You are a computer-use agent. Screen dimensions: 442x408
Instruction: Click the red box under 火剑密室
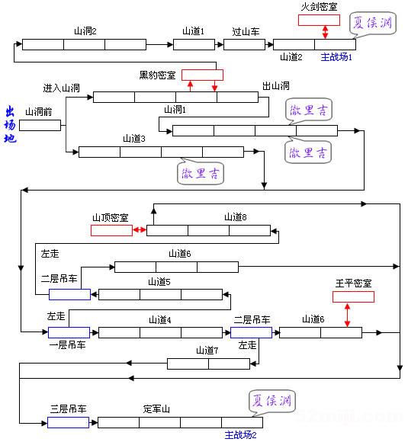(x=319, y=20)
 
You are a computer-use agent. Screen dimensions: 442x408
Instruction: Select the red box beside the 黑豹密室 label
(x=202, y=75)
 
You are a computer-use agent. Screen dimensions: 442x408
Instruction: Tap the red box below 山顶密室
(x=111, y=230)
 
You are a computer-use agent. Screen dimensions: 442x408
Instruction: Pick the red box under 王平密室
(x=353, y=296)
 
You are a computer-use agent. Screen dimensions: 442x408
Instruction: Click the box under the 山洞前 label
(x=40, y=126)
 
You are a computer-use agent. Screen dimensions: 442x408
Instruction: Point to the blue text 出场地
(x=10, y=127)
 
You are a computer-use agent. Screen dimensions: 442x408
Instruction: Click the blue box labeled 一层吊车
(x=69, y=332)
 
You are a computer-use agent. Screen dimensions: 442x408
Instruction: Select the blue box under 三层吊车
(x=69, y=422)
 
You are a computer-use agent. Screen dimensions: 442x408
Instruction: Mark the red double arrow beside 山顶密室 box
(x=140, y=230)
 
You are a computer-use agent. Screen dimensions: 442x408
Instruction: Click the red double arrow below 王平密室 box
(x=348, y=315)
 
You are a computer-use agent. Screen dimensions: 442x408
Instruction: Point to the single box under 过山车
(x=246, y=44)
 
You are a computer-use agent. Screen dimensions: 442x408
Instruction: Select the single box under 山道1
(x=194, y=44)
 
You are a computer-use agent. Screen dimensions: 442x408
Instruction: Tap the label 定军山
(x=156, y=409)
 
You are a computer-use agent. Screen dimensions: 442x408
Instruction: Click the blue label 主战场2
(x=240, y=435)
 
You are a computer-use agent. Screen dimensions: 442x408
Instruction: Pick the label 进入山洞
(x=63, y=88)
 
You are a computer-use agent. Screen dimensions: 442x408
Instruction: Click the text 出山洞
(x=275, y=86)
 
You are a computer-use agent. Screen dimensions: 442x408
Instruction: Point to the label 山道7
(x=207, y=351)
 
